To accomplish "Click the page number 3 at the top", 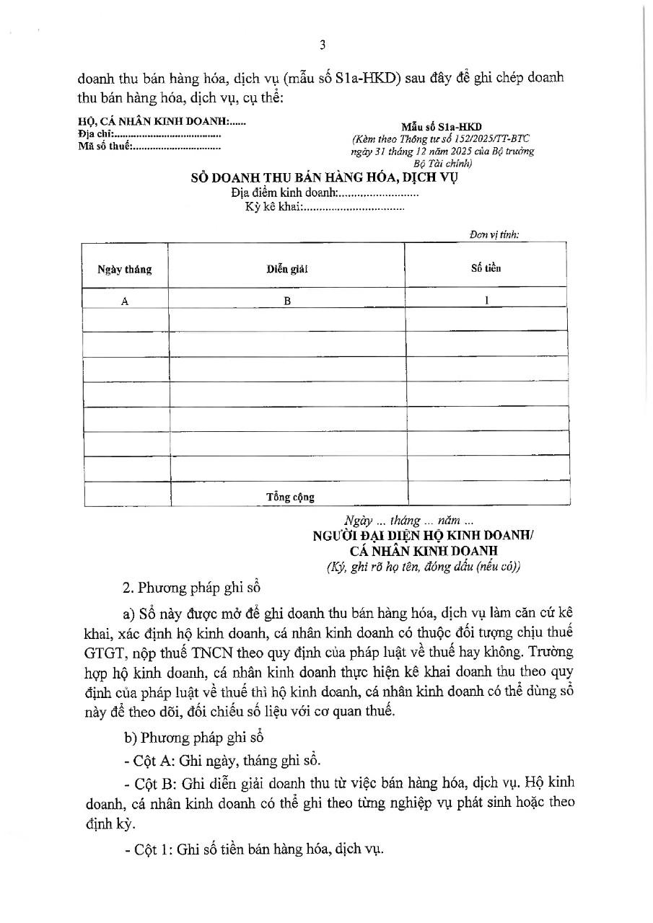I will pyautogui.click(x=323, y=45).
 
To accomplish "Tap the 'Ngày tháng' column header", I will pyautogui.click(x=125, y=270).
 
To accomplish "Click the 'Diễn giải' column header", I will pyautogui.click(x=286, y=269).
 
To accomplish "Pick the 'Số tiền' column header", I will pyautogui.click(x=486, y=268).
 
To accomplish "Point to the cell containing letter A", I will pyautogui.click(x=125, y=302).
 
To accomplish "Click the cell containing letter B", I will pyautogui.click(x=286, y=302).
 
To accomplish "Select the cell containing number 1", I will pyautogui.click(x=487, y=301).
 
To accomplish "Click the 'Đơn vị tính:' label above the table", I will pyautogui.click(x=494, y=234).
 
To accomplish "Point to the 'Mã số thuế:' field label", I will pyautogui.click(x=103, y=146).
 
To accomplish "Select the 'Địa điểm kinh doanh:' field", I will pyautogui.click(x=284, y=193).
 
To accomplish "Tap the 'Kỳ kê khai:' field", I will pyautogui.click(x=273, y=208).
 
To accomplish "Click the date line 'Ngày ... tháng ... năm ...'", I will pyautogui.click(x=409, y=521).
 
